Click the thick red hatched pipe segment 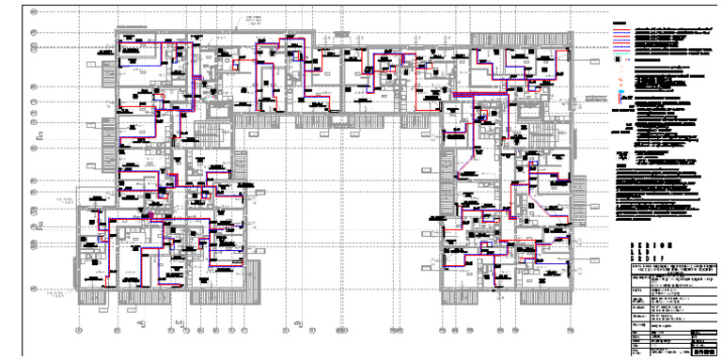pos(466,96)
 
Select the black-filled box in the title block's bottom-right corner pos(703,352)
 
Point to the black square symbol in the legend pos(620,57)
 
